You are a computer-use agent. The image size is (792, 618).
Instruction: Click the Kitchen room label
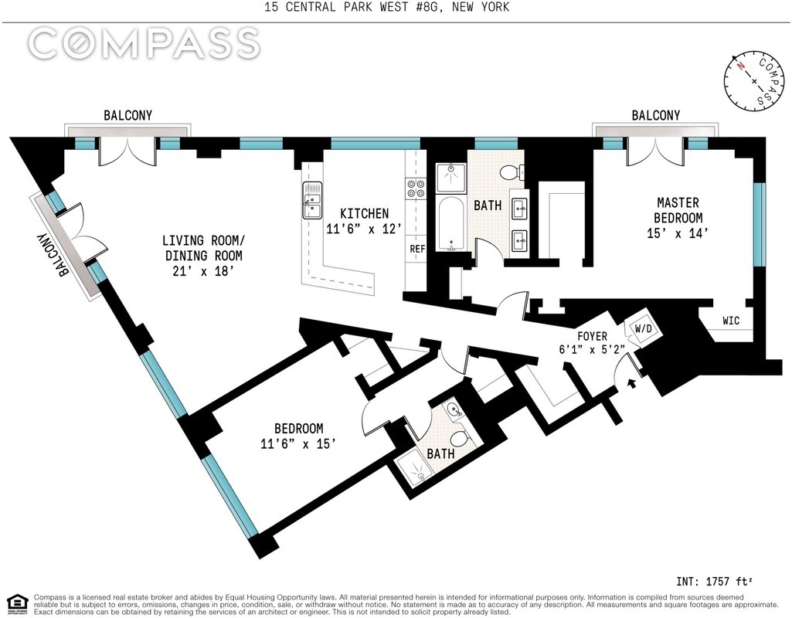[364, 213]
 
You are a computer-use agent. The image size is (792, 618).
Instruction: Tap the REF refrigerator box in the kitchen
[417, 249]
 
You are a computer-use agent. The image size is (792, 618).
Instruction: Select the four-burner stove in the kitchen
[415, 188]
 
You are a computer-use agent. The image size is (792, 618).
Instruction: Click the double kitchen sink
[312, 200]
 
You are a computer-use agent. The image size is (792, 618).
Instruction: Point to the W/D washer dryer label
[643, 328]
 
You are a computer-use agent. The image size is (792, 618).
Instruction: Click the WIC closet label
[731, 321]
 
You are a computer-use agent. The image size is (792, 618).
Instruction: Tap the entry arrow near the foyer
[631, 384]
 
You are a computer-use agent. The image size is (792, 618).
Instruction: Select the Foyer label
[592, 336]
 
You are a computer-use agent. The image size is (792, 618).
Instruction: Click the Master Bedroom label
[678, 210]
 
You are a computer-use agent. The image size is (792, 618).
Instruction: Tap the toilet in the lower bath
[461, 436]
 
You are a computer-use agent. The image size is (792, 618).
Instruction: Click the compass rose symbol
[755, 81]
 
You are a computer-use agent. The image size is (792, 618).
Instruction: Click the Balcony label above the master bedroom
[656, 115]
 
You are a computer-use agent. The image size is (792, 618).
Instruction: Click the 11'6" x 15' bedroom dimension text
[298, 444]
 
